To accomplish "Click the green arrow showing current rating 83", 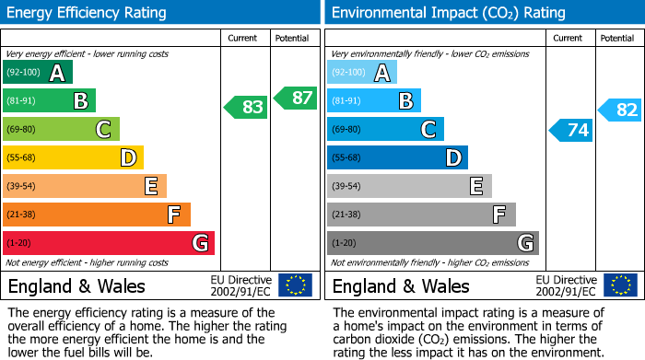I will pos(246,107).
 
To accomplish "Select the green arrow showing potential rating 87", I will pos(295,98).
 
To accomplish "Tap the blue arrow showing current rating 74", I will pos(571,130).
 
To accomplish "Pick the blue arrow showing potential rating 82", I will pos(620,110).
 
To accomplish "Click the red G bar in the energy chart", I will pos(109,243).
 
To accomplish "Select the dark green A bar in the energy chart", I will pos(38,72).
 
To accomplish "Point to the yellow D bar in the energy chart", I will pos(73,157).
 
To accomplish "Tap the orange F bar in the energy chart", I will pos(97,215).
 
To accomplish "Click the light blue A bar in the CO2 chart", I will pos(362,72).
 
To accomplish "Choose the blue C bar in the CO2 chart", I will pos(385,129).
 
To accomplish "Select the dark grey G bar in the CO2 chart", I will pos(432,243).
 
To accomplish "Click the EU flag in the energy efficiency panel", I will pos(295,285).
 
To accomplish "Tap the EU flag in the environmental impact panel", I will pos(620,285).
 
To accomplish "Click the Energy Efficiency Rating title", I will pos(88,13).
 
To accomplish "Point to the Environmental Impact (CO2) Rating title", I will pos(447,13).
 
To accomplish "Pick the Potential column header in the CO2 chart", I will pos(617,38).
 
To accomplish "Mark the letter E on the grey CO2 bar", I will pos(475,186).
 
